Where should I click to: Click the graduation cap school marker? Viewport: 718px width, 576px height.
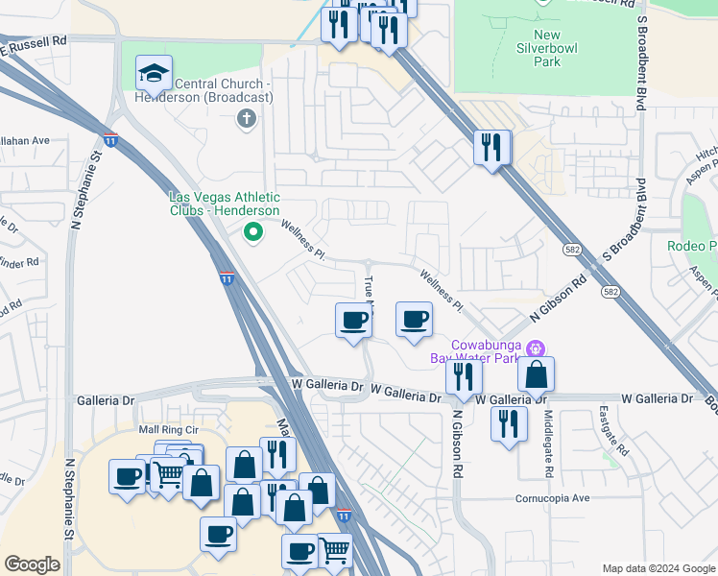(154, 73)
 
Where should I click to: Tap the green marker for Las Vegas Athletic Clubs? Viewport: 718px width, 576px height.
(253, 230)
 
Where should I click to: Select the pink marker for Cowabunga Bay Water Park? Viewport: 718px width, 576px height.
(537, 348)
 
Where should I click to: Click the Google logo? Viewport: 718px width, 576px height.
(32, 564)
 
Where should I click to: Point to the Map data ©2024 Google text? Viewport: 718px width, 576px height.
(658, 568)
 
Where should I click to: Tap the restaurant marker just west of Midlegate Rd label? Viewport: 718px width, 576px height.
(509, 423)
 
